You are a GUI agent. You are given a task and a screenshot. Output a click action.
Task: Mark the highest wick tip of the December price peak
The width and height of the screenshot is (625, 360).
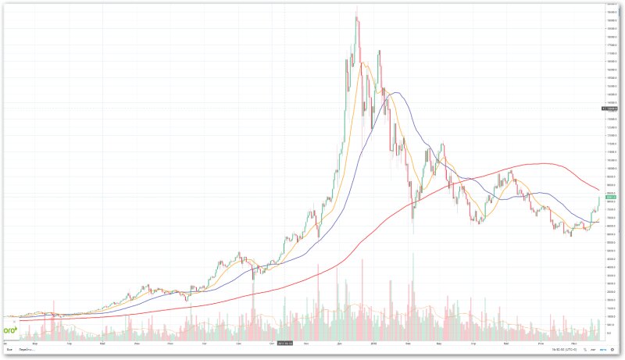click(357, 7)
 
